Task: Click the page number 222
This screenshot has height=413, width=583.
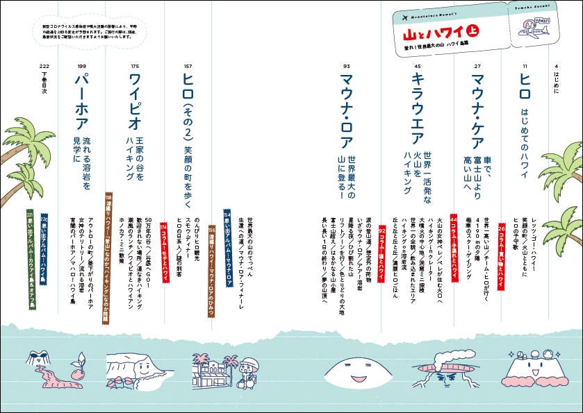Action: [x=43, y=66]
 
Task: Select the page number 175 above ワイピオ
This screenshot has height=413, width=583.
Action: [x=135, y=66]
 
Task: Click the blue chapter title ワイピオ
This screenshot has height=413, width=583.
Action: [x=136, y=102]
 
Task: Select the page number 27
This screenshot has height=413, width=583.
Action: [x=477, y=66]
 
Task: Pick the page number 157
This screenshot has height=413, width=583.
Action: [x=188, y=66]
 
